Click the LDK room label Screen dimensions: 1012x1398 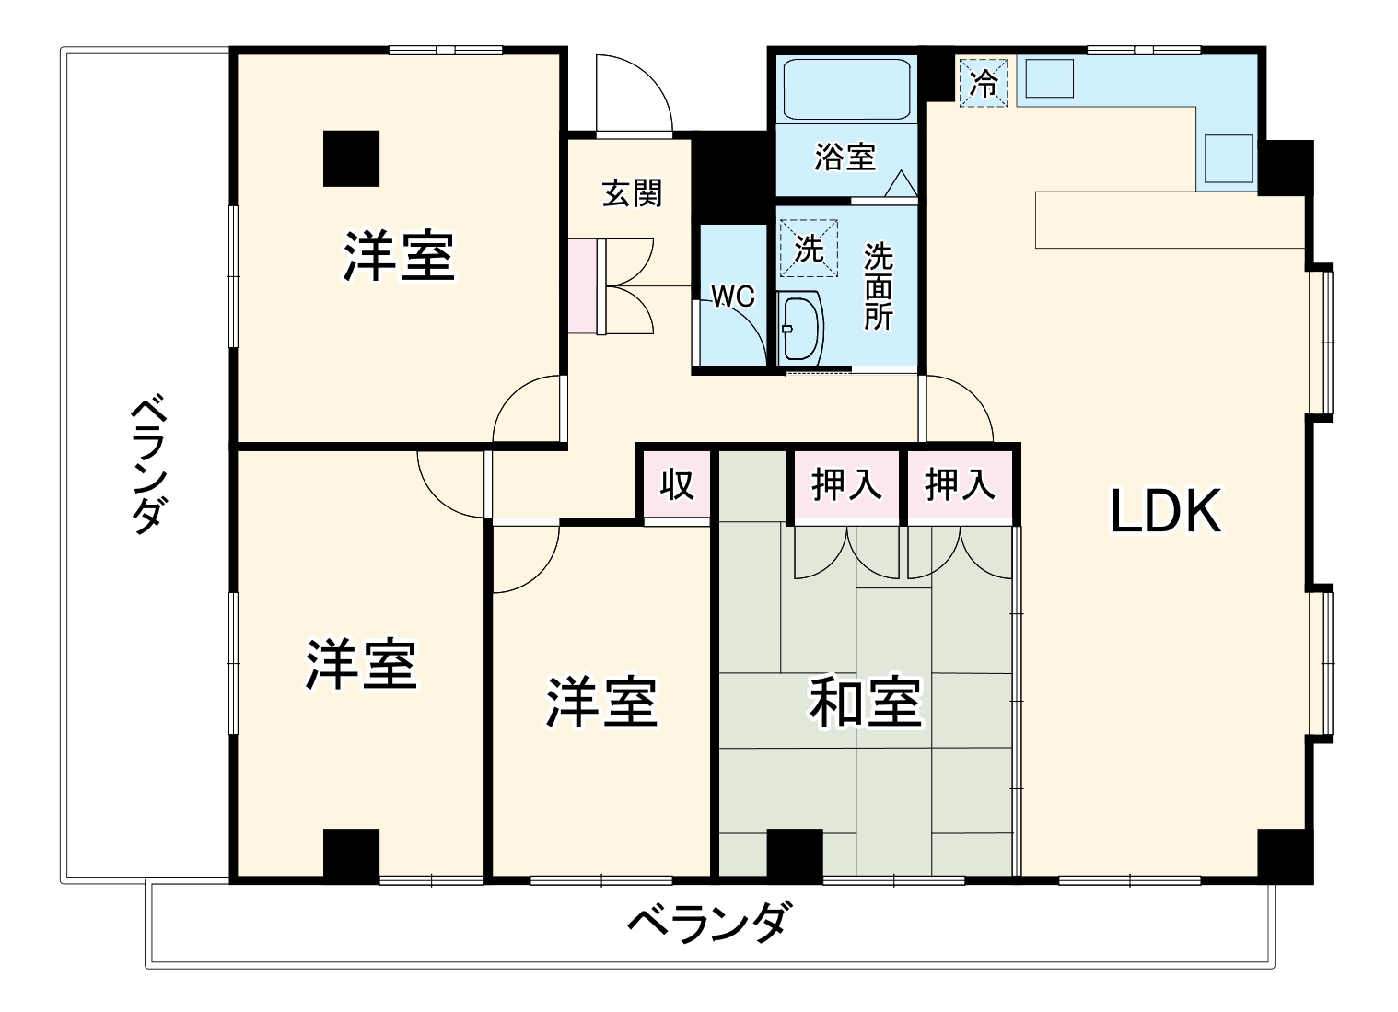[x=1165, y=511]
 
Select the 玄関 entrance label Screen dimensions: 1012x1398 [x=632, y=193]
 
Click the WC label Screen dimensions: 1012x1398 [x=732, y=297]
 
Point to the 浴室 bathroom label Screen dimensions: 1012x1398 [x=844, y=157]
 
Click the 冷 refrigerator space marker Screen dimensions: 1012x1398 [x=984, y=83]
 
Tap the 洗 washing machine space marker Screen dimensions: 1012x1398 [x=809, y=248]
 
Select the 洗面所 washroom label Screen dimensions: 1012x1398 [x=878, y=286]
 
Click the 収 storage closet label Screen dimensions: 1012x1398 [x=677, y=483]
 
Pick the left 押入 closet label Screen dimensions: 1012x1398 [x=845, y=484]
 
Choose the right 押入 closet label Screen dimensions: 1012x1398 [x=959, y=484]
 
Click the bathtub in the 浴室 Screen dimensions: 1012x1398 [x=845, y=89]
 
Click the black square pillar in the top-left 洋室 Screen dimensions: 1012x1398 [x=351, y=158]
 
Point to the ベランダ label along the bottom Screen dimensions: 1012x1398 [x=708, y=922]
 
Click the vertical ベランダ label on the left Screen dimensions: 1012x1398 [x=146, y=464]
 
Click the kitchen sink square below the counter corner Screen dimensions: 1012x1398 [x=1229, y=158]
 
